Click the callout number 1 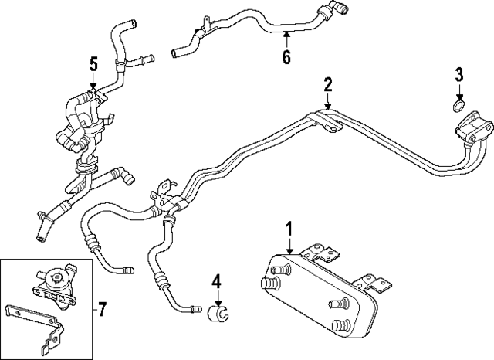pyautogui.click(x=289, y=229)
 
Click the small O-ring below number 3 pyautogui.click(x=458, y=106)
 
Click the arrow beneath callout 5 pyautogui.click(x=93, y=83)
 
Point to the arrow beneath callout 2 pyautogui.click(x=327, y=102)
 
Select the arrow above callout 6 pyautogui.click(x=286, y=37)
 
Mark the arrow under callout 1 pyautogui.click(x=289, y=247)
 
